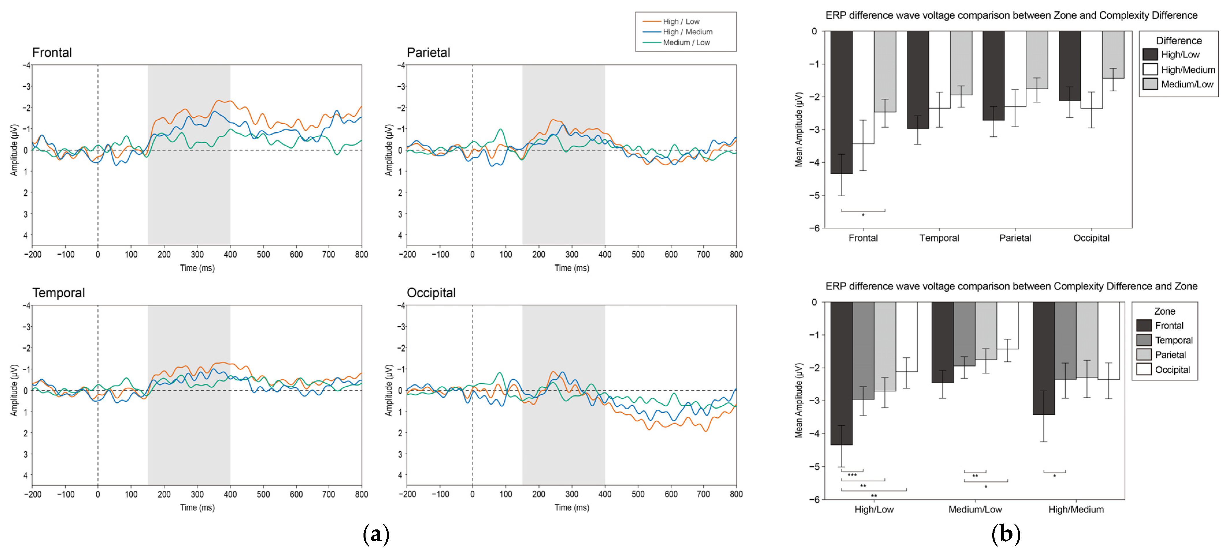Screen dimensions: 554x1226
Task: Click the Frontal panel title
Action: click(52, 52)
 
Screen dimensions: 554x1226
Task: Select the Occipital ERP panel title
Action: click(431, 293)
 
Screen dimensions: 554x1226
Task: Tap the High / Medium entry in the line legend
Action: click(687, 32)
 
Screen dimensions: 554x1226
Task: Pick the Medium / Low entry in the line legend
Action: click(686, 42)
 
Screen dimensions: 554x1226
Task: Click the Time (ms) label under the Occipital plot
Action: click(572, 508)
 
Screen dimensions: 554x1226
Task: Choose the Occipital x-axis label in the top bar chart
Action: click(1091, 238)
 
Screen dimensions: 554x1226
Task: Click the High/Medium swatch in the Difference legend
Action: click(1150, 69)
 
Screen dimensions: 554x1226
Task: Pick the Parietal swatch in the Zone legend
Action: click(1144, 355)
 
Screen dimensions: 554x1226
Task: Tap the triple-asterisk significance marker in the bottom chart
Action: click(852, 475)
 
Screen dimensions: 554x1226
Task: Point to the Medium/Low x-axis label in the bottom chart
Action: click(975, 509)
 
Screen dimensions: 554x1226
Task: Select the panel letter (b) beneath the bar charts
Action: click(1005, 534)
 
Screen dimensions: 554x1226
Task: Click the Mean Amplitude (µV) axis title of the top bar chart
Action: click(799, 129)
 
